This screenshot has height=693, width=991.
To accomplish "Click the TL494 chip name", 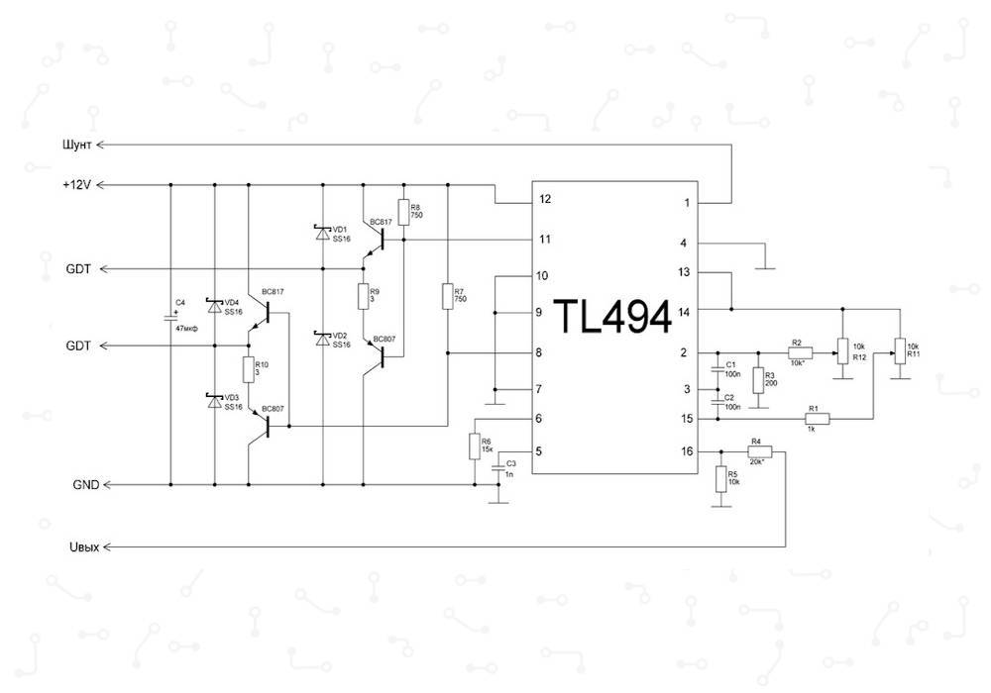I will [x=616, y=317].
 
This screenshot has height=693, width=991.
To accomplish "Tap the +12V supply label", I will [x=77, y=185].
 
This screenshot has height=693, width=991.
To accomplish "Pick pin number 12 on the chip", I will [x=545, y=199].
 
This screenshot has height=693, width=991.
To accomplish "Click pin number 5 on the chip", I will [x=539, y=451].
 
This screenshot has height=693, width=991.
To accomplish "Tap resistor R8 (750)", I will [x=404, y=210].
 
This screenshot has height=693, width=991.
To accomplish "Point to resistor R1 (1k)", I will [x=815, y=419].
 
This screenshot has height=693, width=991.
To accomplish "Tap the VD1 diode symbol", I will [x=321, y=234].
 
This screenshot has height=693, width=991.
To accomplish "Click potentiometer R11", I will [x=899, y=349].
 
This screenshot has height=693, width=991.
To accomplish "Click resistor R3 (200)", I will [x=758, y=381].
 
